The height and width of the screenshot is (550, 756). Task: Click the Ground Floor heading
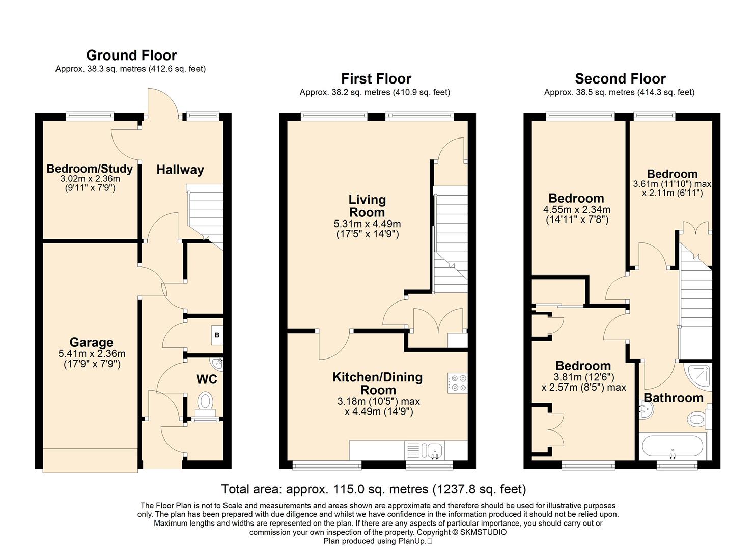[x=131, y=55]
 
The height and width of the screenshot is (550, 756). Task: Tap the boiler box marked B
[x=217, y=335]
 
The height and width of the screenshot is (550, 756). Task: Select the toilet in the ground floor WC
[x=205, y=405]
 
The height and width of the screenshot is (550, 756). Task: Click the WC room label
[x=207, y=379]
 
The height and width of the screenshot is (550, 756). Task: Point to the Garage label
[x=91, y=342]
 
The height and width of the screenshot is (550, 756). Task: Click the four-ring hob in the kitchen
[x=457, y=383]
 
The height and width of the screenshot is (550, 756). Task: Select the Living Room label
[x=367, y=206]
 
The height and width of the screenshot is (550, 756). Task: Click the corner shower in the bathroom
[x=698, y=377]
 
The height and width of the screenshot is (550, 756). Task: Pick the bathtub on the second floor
[x=673, y=446]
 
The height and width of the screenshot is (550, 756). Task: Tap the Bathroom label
[x=674, y=398]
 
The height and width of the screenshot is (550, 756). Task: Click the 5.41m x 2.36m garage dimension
[x=92, y=354]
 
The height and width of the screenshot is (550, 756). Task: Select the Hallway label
[x=180, y=170]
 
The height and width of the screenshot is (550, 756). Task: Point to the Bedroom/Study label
[x=90, y=169]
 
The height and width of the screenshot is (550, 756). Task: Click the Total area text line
[x=373, y=489]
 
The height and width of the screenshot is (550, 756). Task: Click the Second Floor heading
[x=620, y=78]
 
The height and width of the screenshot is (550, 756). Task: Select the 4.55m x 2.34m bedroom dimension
[x=577, y=210]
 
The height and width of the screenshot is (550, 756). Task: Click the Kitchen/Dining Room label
[x=378, y=383]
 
